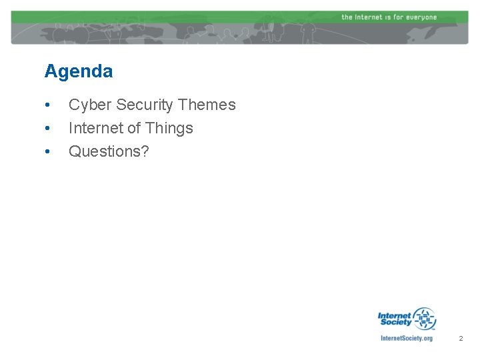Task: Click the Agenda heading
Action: click(79, 71)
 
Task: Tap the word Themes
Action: click(207, 105)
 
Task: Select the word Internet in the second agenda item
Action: click(95, 128)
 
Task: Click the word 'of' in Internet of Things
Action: click(133, 128)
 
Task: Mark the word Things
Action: click(169, 128)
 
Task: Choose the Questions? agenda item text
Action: click(109, 152)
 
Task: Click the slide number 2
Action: click(460, 339)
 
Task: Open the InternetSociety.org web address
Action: click(406, 339)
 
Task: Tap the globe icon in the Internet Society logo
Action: click(423, 318)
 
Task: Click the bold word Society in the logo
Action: click(396, 323)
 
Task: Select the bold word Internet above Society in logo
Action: click(395, 315)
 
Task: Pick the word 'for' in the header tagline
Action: click(398, 17)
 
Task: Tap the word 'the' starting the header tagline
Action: click(347, 17)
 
